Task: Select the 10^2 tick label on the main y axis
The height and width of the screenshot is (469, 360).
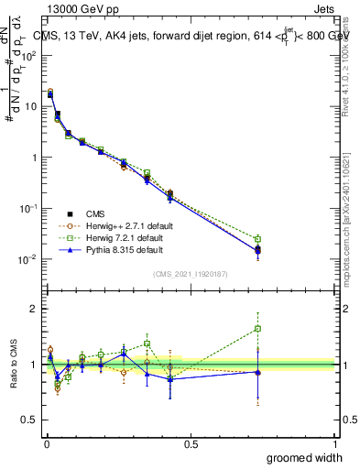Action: pos(29,55)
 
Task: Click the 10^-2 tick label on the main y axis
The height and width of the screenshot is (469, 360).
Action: pos(29,259)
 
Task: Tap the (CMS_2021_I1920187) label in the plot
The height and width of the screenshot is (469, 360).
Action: pos(191,273)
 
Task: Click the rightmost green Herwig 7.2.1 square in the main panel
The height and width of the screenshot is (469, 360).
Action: pos(258,239)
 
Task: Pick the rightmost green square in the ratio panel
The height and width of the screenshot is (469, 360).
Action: pos(258,328)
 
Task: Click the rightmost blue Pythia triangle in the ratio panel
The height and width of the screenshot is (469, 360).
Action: pos(258,372)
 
